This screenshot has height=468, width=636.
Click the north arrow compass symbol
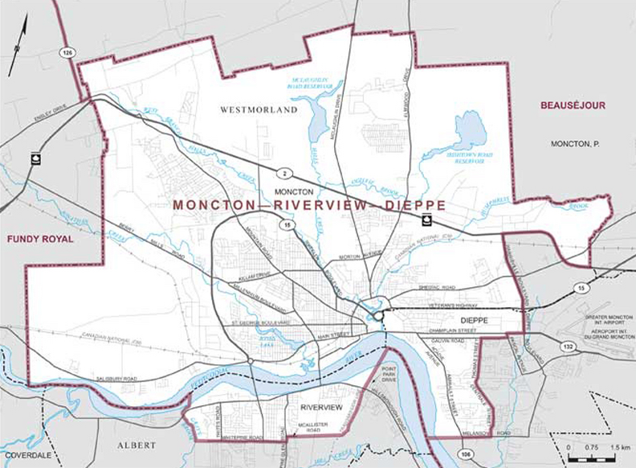(18, 47)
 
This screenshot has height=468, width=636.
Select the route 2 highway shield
(283, 173)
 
